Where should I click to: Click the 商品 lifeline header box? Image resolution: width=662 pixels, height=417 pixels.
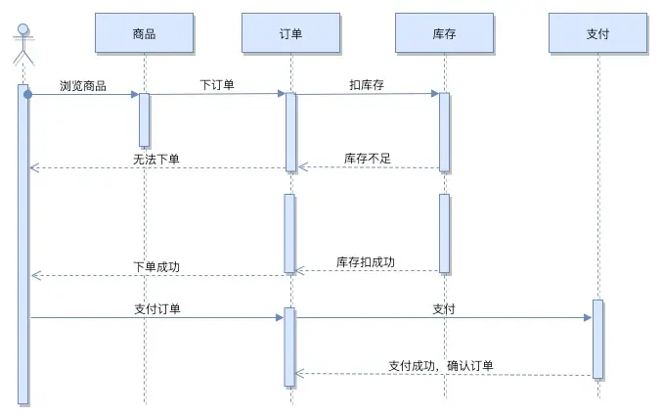[x=144, y=33]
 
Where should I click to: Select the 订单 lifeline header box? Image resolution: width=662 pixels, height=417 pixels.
[x=290, y=33]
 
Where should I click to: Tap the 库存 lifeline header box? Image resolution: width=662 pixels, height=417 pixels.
[x=444, y=33]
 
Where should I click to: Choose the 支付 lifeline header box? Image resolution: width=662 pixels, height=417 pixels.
[x=597, y=33]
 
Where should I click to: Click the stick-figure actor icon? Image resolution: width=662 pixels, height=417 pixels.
[x=22, y=44]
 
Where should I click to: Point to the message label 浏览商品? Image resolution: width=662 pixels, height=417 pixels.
[x=82, y=85]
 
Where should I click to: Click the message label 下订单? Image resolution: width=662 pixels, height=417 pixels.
[x=217, y=85]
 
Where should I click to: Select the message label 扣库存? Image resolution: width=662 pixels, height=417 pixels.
[x=367, y=85]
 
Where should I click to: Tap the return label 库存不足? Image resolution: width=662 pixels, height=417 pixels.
[x=368, y=158]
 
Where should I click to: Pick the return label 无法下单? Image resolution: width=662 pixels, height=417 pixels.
[x=156, y=159]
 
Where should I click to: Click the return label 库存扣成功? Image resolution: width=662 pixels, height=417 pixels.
[x=366, y=262]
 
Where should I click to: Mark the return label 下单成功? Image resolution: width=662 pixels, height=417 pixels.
[x=156, y=266]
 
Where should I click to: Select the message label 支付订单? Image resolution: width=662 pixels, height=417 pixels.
[x=156, y=308]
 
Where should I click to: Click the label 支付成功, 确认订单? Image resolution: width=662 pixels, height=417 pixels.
[x=441, y=366]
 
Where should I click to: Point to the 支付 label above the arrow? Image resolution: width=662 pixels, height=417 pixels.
[x=444, y=308]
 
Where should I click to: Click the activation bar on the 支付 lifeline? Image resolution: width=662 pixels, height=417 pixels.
[x=597, y=339]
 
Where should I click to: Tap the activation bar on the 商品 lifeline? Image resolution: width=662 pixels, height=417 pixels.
[x=144, y=119]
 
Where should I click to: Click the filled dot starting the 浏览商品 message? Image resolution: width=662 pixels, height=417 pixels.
[x=28, y=94]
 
